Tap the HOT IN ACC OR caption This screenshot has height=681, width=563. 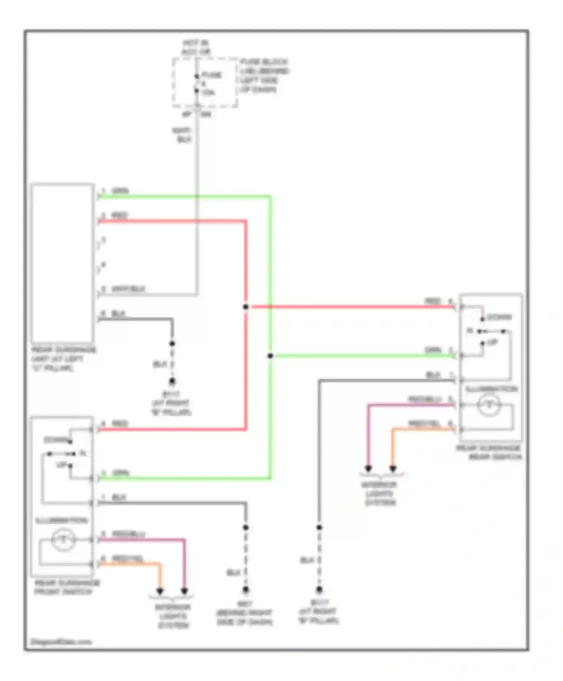196,48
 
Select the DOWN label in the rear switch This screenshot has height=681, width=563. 499,317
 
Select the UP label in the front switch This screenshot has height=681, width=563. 61,465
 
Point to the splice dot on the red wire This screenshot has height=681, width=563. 245,307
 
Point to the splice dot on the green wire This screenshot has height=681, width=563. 270,356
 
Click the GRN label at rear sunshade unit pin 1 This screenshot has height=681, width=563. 120,191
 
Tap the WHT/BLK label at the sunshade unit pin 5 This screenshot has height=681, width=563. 128,289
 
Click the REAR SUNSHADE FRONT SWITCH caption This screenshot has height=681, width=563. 67,587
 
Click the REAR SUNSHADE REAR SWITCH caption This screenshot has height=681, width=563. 489,452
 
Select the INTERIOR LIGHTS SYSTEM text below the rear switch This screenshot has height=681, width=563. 379,493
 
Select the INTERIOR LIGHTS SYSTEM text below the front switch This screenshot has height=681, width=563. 173,616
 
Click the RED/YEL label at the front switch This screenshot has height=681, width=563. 128,559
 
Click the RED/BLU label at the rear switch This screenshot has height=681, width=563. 425,399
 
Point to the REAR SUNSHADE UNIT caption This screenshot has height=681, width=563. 63,359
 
